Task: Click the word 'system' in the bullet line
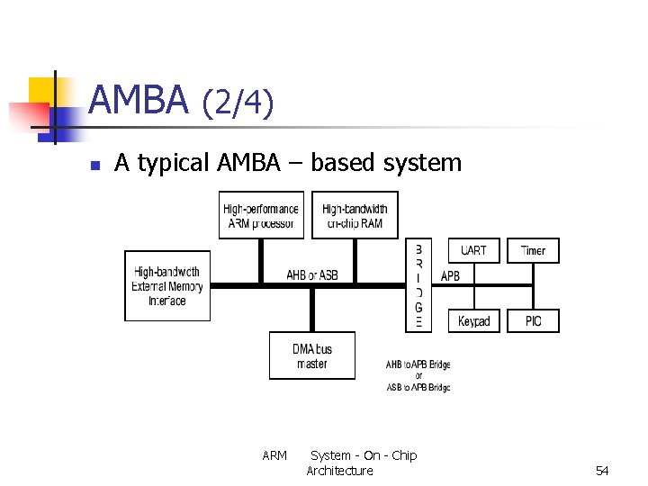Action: point(422,163)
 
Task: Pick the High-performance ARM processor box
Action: point(261,216)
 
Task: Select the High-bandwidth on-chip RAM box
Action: point(355,216)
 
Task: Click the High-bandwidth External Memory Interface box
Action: point(167,285)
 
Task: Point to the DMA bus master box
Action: point(311,355)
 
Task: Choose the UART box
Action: point(472,251)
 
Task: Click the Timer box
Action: point(533,251)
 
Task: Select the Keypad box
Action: point(473,321)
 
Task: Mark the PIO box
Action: point(533,321)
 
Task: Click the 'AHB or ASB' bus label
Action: point(311,275)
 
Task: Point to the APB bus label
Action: point(450,275)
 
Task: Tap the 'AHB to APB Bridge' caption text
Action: point(418,364)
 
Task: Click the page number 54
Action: point(602,471)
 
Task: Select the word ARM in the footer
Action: point(274,455)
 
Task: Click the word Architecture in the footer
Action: point(339,471)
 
